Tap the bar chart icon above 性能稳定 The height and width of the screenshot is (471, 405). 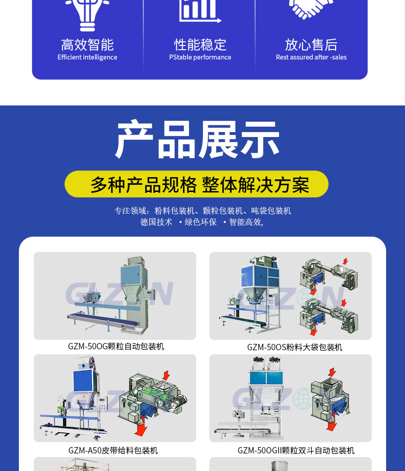pyautogui.click(x=200, y=12)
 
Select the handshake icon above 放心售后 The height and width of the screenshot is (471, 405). pyautogui.click(x=311, y=9)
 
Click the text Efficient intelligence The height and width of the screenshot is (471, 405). pyautogui.click(x=87, y=57)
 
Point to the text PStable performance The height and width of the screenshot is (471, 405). pyautogui.click(x=200, y=57)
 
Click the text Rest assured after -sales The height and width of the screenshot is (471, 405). pyautogui.click(x=311, y=57)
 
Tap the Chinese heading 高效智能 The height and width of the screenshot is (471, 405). pyautogui.click(x=87, y=45)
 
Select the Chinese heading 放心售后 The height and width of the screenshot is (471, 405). pyautogui.click(x=311, y=45)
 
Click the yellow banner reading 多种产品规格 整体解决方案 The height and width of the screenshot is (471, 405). pyautogui.click(x=197, y=184)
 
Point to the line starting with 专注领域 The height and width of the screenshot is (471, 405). pyautogui.click(x=202, y=210)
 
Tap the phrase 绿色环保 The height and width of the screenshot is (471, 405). pyautogui.click(x=200, y=222)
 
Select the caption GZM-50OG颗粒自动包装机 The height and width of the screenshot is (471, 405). pyautogui.click(x=116, y=346)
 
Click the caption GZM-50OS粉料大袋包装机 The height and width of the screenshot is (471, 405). pyautogui.click(x=294, y=347)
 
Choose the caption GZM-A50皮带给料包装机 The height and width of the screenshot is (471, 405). pyautogui.click(x=113, y=450)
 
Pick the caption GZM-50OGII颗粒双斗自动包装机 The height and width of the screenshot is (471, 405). pyautogui.click(x=296, y=450)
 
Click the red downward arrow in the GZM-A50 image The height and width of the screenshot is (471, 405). pyautogui.click(x=141, y=427)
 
